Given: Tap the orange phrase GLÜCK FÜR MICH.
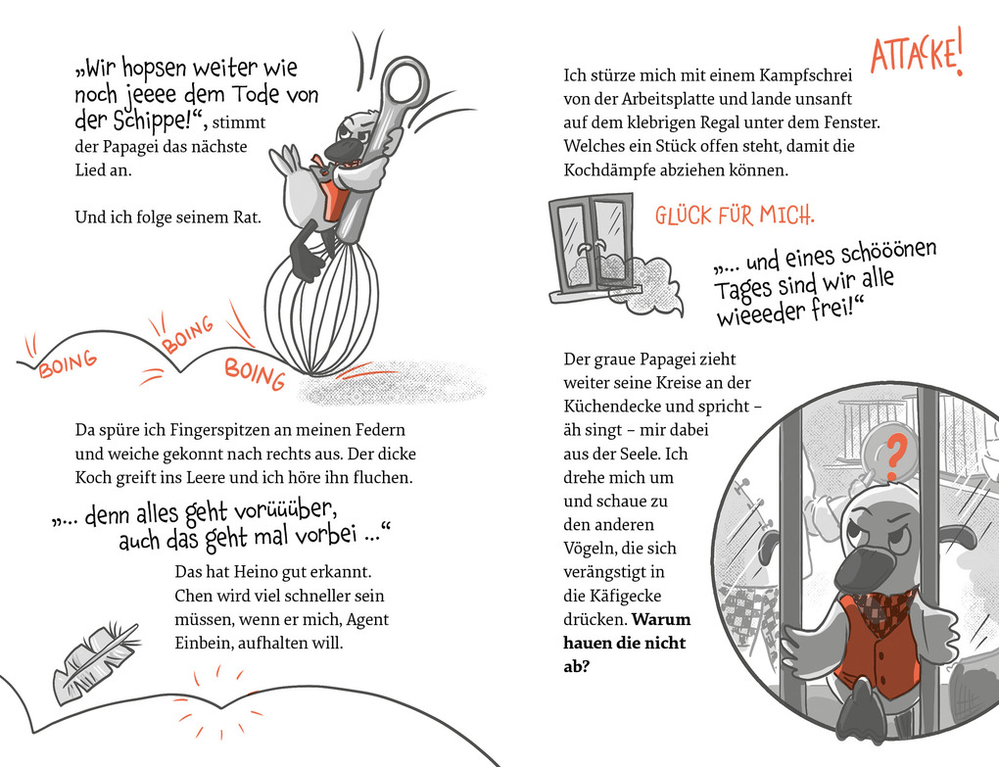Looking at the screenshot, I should click(734, 215).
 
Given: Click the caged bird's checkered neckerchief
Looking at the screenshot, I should click(878, 610).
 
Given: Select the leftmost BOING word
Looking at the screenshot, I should click(68, 364).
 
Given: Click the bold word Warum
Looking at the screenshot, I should click(661, 620).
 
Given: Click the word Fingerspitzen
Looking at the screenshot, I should click(217, 430).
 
